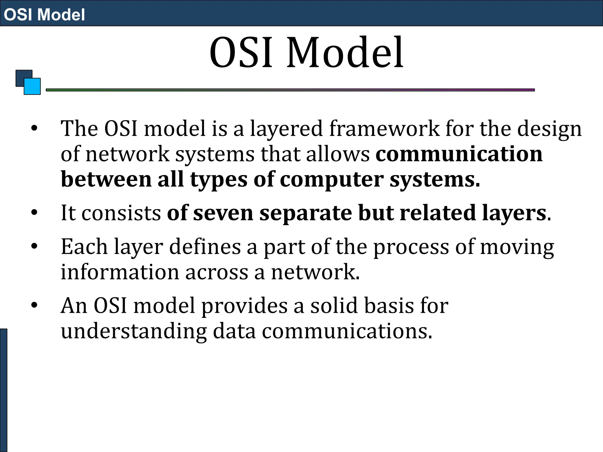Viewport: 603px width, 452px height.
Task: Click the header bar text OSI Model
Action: pyautogui.click(x=44, y=14)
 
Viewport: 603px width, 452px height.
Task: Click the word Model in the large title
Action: pyautogui.click(x=345, y=52)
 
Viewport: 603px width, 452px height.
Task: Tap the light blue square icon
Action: pyautogui.click(x=32, y=86)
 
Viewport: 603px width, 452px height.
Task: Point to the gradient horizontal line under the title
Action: pyautogui.click(x=290, y=90)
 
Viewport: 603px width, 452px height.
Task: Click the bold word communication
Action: pyautogui.click(x=459, y=154)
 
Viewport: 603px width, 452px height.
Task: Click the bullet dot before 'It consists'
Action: pyautogui.click(x=34, y=212)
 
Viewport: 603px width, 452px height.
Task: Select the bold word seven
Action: pyautogui.click(x=223, y=213)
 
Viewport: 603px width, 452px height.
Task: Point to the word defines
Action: pyautogui.click(x=205, y=247)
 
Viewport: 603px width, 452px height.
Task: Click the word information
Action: pyautogui.click(x=120, y=272)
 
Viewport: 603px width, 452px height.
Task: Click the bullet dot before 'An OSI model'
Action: pyautogui.click(x=34, y=305)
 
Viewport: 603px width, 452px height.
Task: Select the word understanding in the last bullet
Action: pyautogui.click(x=134, y=331)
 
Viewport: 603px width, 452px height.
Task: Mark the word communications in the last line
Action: pyautogui.click(x=347, y=331)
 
